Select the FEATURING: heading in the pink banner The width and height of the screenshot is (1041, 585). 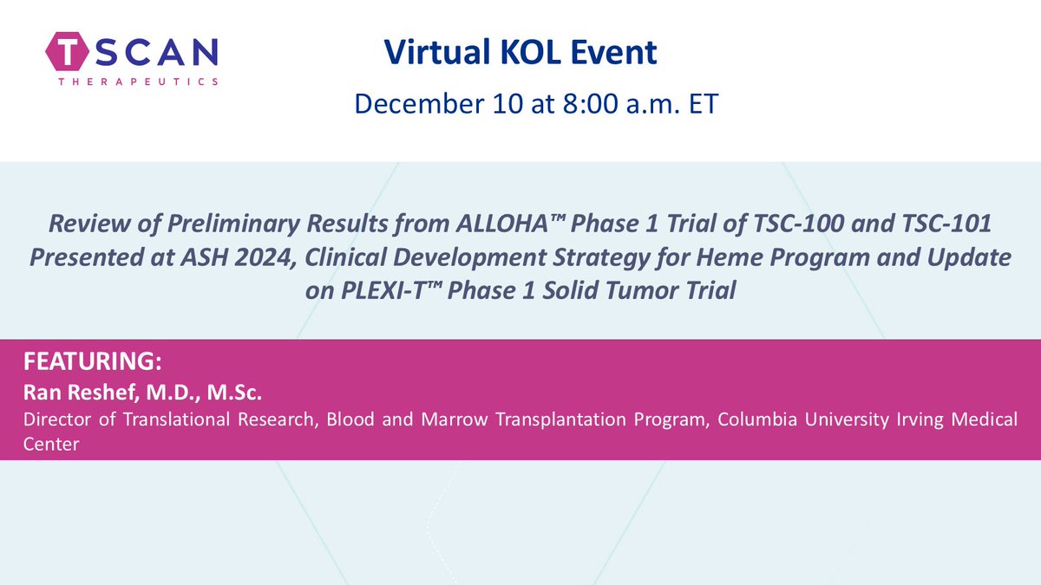click(x=78, y=361)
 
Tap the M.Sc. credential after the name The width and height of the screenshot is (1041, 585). click(x=235, y=393)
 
